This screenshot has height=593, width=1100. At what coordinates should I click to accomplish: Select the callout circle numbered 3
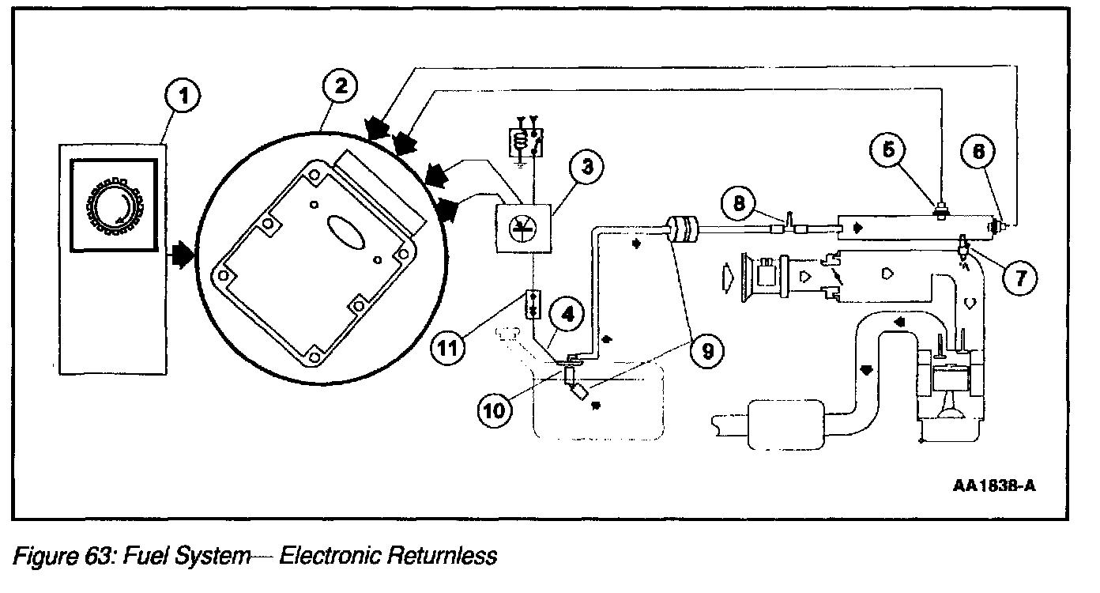click(x=587, y=167)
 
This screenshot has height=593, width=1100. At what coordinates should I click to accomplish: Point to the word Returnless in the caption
click(x=443, y=557)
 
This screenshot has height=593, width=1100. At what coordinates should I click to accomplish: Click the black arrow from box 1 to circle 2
click(x=181, y=255)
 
